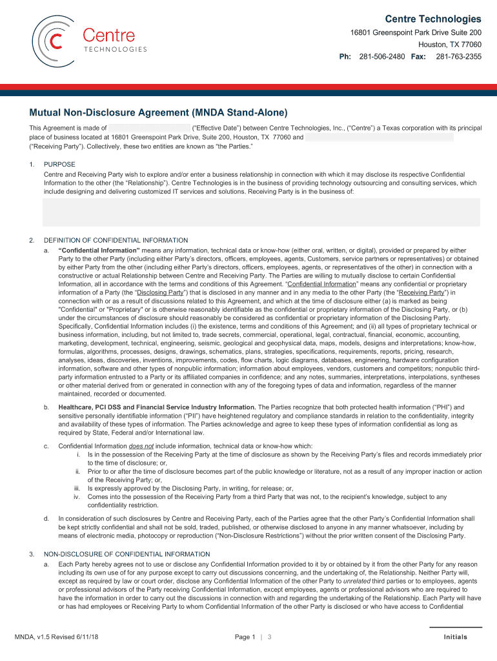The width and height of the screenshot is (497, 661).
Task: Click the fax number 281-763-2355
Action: [x=458, y=57]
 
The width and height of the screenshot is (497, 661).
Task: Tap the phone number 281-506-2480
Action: [x=382, y=57]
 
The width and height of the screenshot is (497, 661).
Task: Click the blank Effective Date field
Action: [x=149, y=128]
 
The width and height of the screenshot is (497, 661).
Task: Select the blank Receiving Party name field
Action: [x=380, y=137]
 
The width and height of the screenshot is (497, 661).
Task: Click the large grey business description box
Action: [x=261, y=212]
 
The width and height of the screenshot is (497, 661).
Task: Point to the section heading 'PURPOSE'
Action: [x=59, y=165]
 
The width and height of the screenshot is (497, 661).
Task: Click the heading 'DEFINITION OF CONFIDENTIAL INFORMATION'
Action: [x=116, y=241]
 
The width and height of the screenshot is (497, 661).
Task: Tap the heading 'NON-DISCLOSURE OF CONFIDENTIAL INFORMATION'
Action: [x=127, y=554]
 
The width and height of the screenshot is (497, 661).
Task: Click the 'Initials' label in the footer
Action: [x=455, y=637]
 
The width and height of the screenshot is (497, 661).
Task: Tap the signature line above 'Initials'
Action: [x=455, y=627]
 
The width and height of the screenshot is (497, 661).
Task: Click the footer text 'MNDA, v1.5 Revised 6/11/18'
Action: [x=57, y=637]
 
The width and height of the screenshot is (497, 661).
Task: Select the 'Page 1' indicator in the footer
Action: [x=245, y=637]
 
